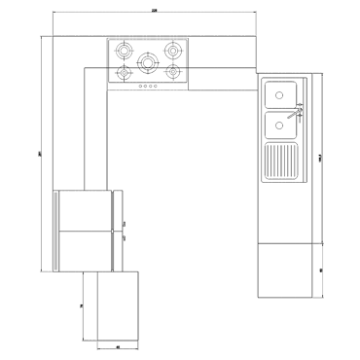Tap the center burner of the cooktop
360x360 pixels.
(x=148, y=62)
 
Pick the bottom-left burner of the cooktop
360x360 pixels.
(x=124, y=74)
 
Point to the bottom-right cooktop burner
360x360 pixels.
(x=174, y=73)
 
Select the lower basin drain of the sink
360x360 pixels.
(x=282, y=125)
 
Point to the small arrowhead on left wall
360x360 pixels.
(x=40, y=153)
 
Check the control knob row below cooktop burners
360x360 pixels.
(x=148, y=86)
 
